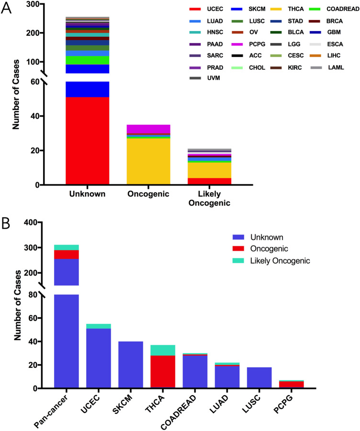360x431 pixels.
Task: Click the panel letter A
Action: tap(6, 9)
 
